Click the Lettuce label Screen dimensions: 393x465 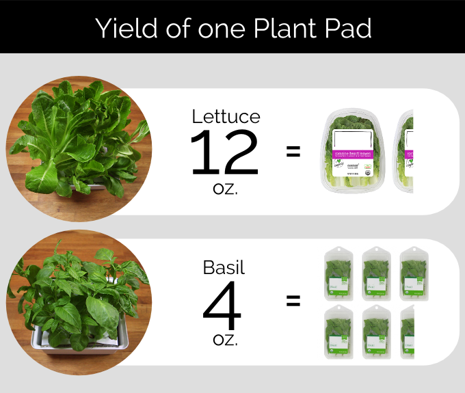tap(226, 116)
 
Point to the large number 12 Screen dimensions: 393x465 tap(224, 153)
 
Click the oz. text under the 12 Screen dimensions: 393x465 tap(225, 188)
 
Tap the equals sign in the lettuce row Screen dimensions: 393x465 tap(293, 152)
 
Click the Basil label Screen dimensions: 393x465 tap(224, 267)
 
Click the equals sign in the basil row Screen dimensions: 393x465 tap(293, 301)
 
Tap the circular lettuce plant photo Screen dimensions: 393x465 tap(78, 148)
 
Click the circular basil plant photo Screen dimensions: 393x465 tap(78, 301)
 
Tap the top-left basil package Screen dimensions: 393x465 tap(340, 272)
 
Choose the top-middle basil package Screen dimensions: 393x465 tap(377, 272)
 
